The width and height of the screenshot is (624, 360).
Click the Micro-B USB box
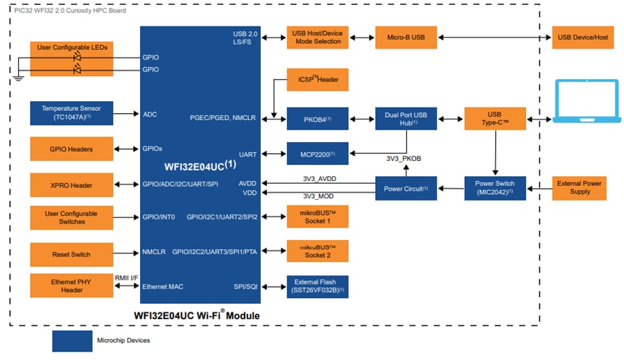tap(406, 37)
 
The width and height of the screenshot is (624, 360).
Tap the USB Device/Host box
tap(582, 37)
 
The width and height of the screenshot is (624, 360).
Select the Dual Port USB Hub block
tap(406, 119)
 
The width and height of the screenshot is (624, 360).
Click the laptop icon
tap(587, 103)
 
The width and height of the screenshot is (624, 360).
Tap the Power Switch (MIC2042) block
tap(494, 188)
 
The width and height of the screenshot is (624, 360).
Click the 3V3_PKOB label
tap(404, 159)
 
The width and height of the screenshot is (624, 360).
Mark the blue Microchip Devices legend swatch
tap(72, 341)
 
